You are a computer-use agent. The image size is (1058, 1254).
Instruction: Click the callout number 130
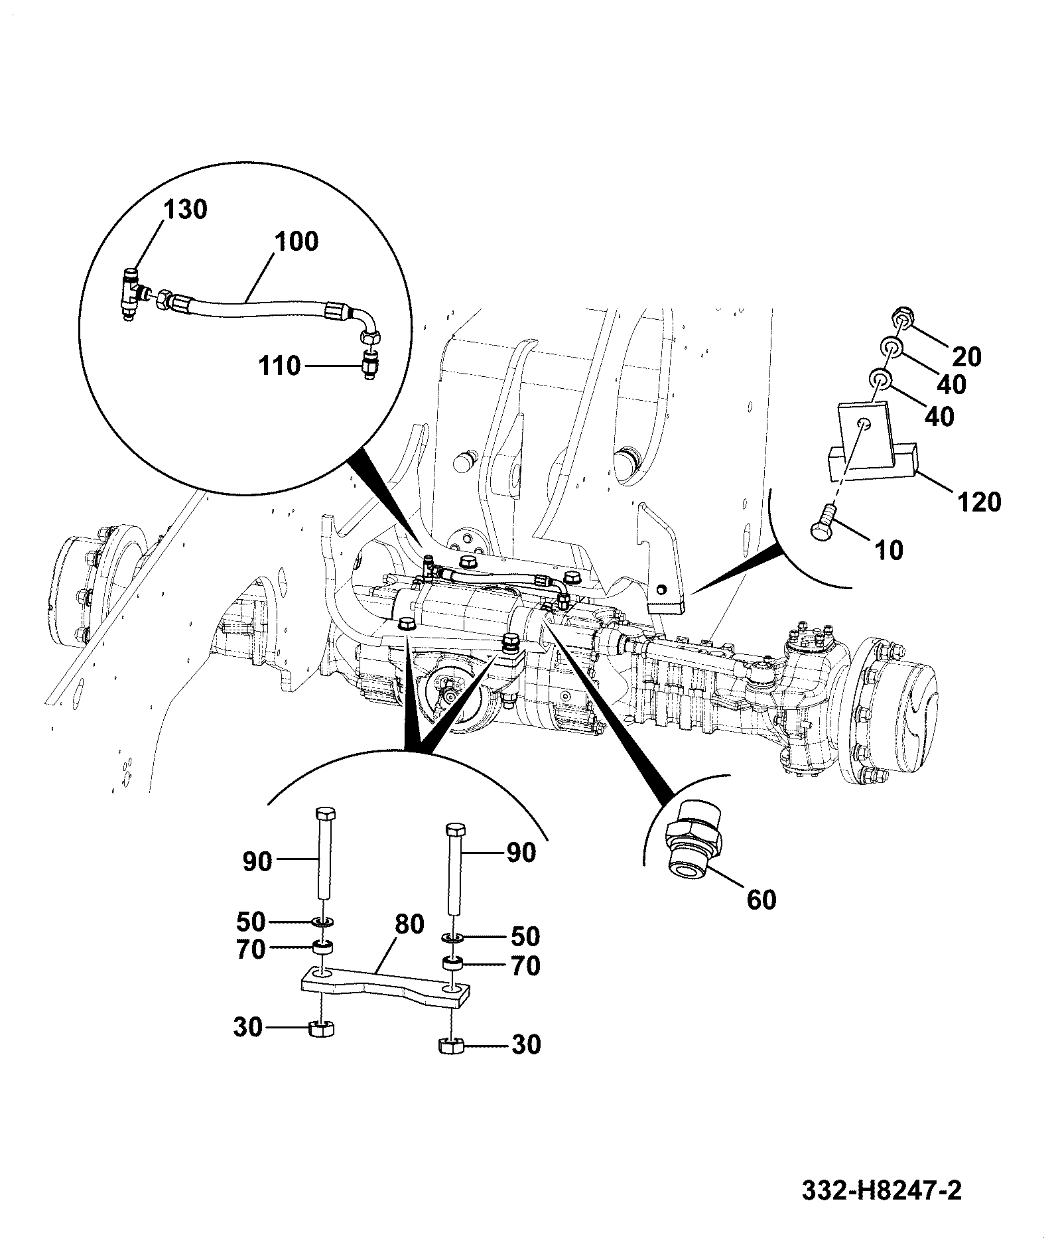[x=185, y=209]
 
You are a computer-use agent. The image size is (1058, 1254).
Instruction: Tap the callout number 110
[x=279, y=366]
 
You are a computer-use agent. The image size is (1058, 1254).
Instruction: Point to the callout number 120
[x=978, y=502]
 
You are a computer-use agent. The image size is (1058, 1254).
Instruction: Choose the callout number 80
[x=409, y=924]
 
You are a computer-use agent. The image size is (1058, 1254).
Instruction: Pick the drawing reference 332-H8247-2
[x=882, y=1190]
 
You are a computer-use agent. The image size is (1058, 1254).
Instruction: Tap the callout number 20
[x=966, y=357]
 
